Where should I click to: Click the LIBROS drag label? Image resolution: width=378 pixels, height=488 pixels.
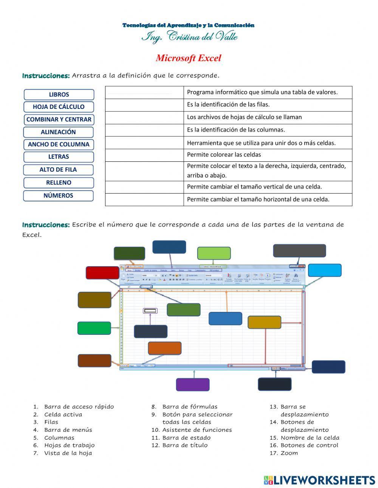[59, 95]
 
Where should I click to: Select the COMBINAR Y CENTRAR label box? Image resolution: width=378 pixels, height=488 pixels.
[59, 119]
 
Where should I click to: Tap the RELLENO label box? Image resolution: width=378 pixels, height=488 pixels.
[59, 183]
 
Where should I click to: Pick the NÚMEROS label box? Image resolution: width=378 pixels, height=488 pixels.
[58, 196]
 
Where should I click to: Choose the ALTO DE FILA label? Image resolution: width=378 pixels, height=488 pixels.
[58, 170]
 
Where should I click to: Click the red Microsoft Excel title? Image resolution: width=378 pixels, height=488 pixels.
[188, 58]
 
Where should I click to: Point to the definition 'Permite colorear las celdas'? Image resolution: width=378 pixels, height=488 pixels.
[224, 155]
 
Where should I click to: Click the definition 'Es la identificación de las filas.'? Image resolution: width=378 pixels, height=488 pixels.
[228, 104]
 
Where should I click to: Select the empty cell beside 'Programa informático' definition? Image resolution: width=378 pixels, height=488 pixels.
[144, 92]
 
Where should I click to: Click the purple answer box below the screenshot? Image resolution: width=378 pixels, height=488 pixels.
[192, 384]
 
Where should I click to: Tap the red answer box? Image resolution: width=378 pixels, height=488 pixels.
[102, 273]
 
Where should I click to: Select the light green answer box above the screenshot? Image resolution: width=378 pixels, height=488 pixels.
[214, 253]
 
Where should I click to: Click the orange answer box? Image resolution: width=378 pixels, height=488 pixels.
[164, 348]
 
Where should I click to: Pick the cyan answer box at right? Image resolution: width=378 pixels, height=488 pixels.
[324, 270]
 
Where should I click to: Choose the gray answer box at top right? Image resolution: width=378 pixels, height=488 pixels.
[299, 251]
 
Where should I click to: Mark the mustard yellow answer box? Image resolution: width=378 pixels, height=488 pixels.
[264, 322]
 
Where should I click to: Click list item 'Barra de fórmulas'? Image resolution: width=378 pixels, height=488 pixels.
[190, 407]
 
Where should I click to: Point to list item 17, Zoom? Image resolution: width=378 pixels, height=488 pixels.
[289, 453]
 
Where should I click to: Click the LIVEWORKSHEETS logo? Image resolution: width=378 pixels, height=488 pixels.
[319, 480]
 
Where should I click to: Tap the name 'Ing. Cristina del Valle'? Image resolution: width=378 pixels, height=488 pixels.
[189, 37]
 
